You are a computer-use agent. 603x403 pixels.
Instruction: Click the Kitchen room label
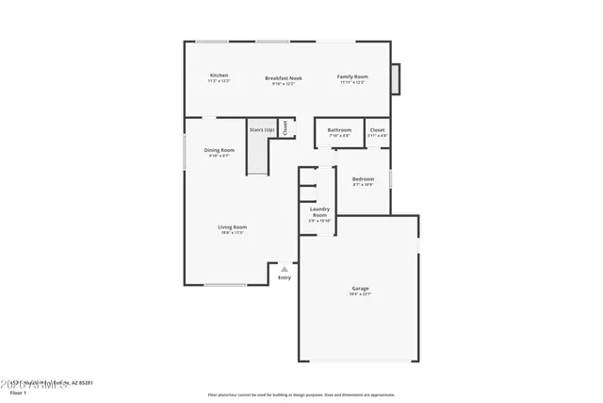pos(219,76)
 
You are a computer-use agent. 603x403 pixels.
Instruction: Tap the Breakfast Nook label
pos(283,77)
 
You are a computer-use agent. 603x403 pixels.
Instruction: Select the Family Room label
pos(353,76)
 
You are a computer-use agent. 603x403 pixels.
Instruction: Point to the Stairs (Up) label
pos(262,129)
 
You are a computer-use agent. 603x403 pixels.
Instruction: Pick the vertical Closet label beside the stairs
pos(285,127)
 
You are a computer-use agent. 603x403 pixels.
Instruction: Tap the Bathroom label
pos(339,129)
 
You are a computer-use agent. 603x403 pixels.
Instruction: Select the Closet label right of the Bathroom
pos(377,129)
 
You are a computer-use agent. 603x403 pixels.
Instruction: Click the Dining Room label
pos(219,150)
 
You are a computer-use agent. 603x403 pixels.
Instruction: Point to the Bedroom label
pos(363,178)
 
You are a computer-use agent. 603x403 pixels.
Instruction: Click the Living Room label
pos(232,227)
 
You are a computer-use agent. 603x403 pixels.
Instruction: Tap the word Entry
pos(285,277)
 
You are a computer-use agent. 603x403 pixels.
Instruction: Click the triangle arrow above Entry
pos(285,269)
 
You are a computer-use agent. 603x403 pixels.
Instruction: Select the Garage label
pos(360,288)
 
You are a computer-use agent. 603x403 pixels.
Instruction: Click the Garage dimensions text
pos(360,294)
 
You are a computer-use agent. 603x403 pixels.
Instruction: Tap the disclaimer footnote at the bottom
pos(301,395)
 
